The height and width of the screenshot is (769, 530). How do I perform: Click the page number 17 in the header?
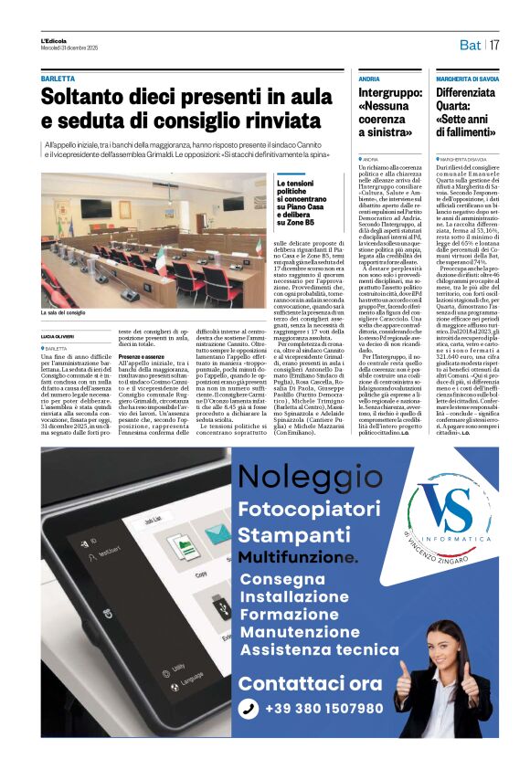pos(494,45)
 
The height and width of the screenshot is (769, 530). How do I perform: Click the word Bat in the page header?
pos(470,45)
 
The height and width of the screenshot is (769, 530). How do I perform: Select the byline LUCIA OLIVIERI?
pos(59,338)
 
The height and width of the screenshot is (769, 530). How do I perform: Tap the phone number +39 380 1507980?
pos(323,709)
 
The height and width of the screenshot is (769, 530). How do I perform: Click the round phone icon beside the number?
pos(248,709)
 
